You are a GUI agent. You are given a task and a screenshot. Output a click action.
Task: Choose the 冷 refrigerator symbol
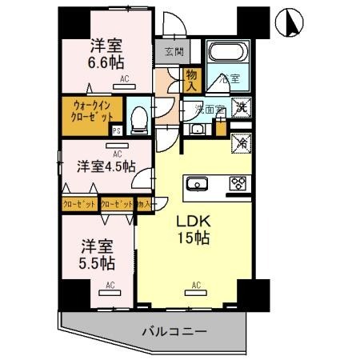point(239,142)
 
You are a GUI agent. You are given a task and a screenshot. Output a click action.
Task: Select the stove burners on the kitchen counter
point(238,183)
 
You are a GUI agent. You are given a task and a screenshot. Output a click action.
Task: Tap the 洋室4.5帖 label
point(106,166)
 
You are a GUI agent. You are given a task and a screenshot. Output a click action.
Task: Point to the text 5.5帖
point(100,262)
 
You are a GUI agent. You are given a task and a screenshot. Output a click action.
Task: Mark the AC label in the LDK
point(195,283)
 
